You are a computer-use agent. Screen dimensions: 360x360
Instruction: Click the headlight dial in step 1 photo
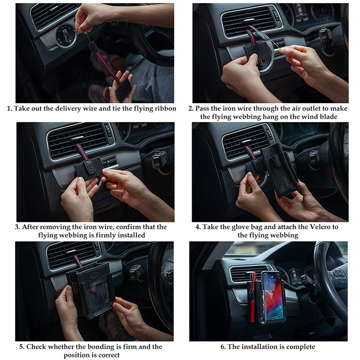67,36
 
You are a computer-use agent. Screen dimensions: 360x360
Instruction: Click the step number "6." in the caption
223,346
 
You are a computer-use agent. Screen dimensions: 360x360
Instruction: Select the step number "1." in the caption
9,108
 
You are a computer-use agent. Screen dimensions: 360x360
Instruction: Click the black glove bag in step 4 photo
280,170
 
